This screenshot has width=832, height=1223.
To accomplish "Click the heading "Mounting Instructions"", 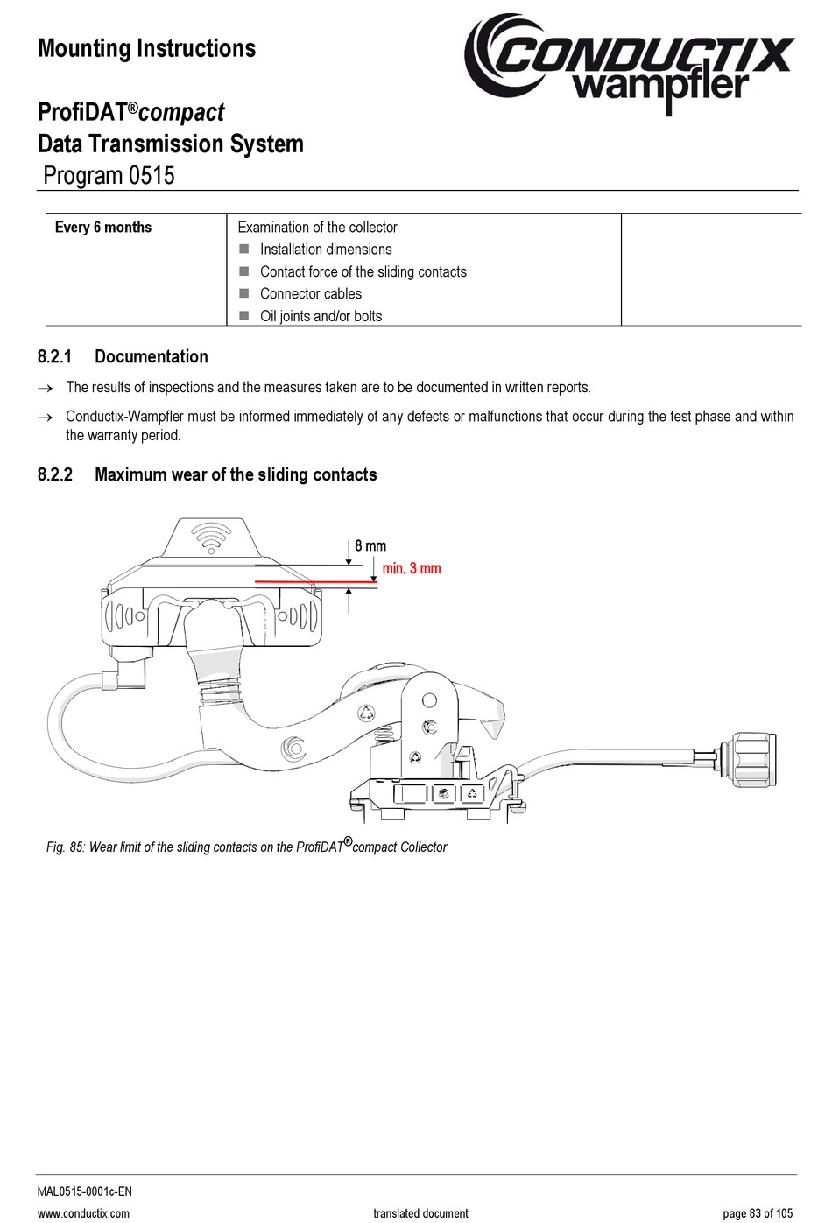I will [x=147, y=48].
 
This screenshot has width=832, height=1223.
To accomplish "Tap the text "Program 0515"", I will [x=109, y=175].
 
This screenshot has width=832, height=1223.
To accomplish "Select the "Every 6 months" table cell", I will [x=103, y=228].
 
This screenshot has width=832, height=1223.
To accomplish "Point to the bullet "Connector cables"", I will [x=310, y=294].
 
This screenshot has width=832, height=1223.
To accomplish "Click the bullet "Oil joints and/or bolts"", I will [x=321, y=316].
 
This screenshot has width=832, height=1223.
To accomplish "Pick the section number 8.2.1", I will [x=54, y=356].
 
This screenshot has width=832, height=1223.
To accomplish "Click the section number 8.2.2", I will [x=54, y=474].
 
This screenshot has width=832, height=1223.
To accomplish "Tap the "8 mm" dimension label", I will [x=370, y=545].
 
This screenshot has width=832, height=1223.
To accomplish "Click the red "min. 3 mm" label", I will [x=412, y=568].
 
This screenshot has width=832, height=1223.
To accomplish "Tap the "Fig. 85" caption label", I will [x=66, y=847].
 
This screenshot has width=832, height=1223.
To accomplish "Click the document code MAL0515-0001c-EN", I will [x=85, y=1191].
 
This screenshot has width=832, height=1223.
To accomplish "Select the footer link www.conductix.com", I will [x=83, y=1213].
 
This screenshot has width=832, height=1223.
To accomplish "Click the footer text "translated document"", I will [x=420, y=1213].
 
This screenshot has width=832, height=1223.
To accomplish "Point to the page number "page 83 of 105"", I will [x=758, y=1213].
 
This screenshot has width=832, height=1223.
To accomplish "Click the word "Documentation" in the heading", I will [x=152, y=356].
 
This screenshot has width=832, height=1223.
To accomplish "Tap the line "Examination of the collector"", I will [x=317, y=228].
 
